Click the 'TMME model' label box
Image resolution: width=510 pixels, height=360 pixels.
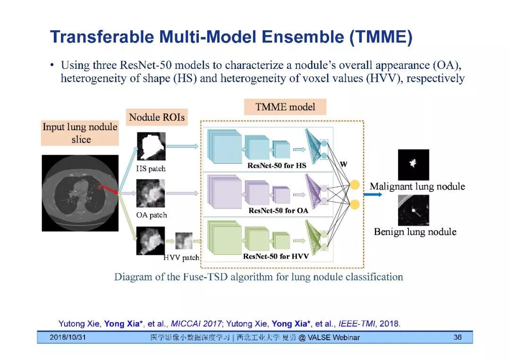[285, 107]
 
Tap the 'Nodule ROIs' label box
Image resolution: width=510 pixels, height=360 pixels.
[157, 117]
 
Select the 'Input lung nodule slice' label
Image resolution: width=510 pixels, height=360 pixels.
[80, 133]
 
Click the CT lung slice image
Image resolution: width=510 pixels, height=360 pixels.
[80, 193]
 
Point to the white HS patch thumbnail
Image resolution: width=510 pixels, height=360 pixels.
[151, 147]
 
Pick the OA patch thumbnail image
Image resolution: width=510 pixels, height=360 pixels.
[151, 193]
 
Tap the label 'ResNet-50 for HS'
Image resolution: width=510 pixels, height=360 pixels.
[277, 166]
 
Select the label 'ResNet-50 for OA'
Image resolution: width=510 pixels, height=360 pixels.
[278, 210]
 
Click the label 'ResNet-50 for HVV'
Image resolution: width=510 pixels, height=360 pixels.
[276, 256]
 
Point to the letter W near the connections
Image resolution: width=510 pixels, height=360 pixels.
[343, 164]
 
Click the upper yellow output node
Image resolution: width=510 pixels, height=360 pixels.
[355, 184]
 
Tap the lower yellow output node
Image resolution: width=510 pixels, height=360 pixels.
[355, 204]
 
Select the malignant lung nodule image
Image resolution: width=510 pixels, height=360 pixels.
[413, 165]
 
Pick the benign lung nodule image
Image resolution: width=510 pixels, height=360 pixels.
[413, 210]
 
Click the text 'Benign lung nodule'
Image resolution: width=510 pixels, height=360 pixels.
[415, 232]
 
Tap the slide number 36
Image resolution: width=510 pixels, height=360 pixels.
[457, 337]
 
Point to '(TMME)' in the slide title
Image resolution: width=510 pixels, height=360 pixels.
[381, 37]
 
